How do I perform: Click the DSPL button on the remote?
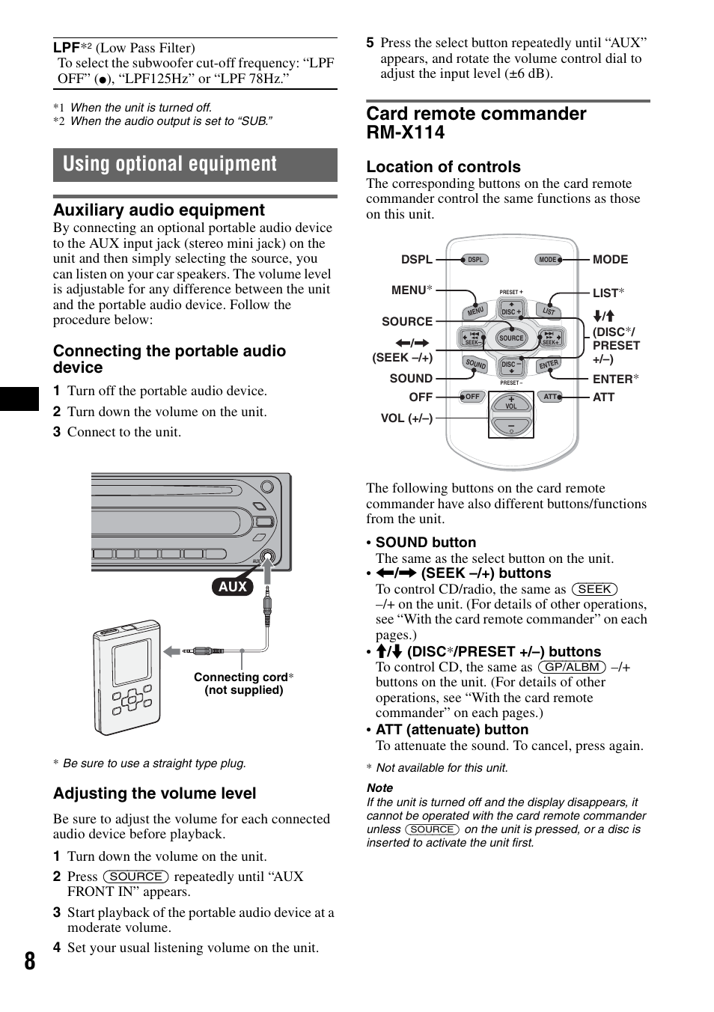475,260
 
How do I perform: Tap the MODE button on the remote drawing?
548,260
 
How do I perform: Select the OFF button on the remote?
472,397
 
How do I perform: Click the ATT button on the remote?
550,397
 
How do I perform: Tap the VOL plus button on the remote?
511,402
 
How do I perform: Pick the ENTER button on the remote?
549,364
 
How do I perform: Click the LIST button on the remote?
549,311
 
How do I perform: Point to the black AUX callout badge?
233,586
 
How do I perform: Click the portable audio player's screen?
132,662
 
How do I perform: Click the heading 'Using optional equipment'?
169,163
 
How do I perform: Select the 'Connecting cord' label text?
241,677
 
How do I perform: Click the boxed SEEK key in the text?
594,589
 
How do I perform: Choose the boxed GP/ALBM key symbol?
573,667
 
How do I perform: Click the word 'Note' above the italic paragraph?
379,788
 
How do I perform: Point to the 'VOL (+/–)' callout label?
406,418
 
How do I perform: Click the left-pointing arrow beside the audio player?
171,651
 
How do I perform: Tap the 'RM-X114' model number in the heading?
406,132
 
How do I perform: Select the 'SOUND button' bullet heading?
426,542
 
